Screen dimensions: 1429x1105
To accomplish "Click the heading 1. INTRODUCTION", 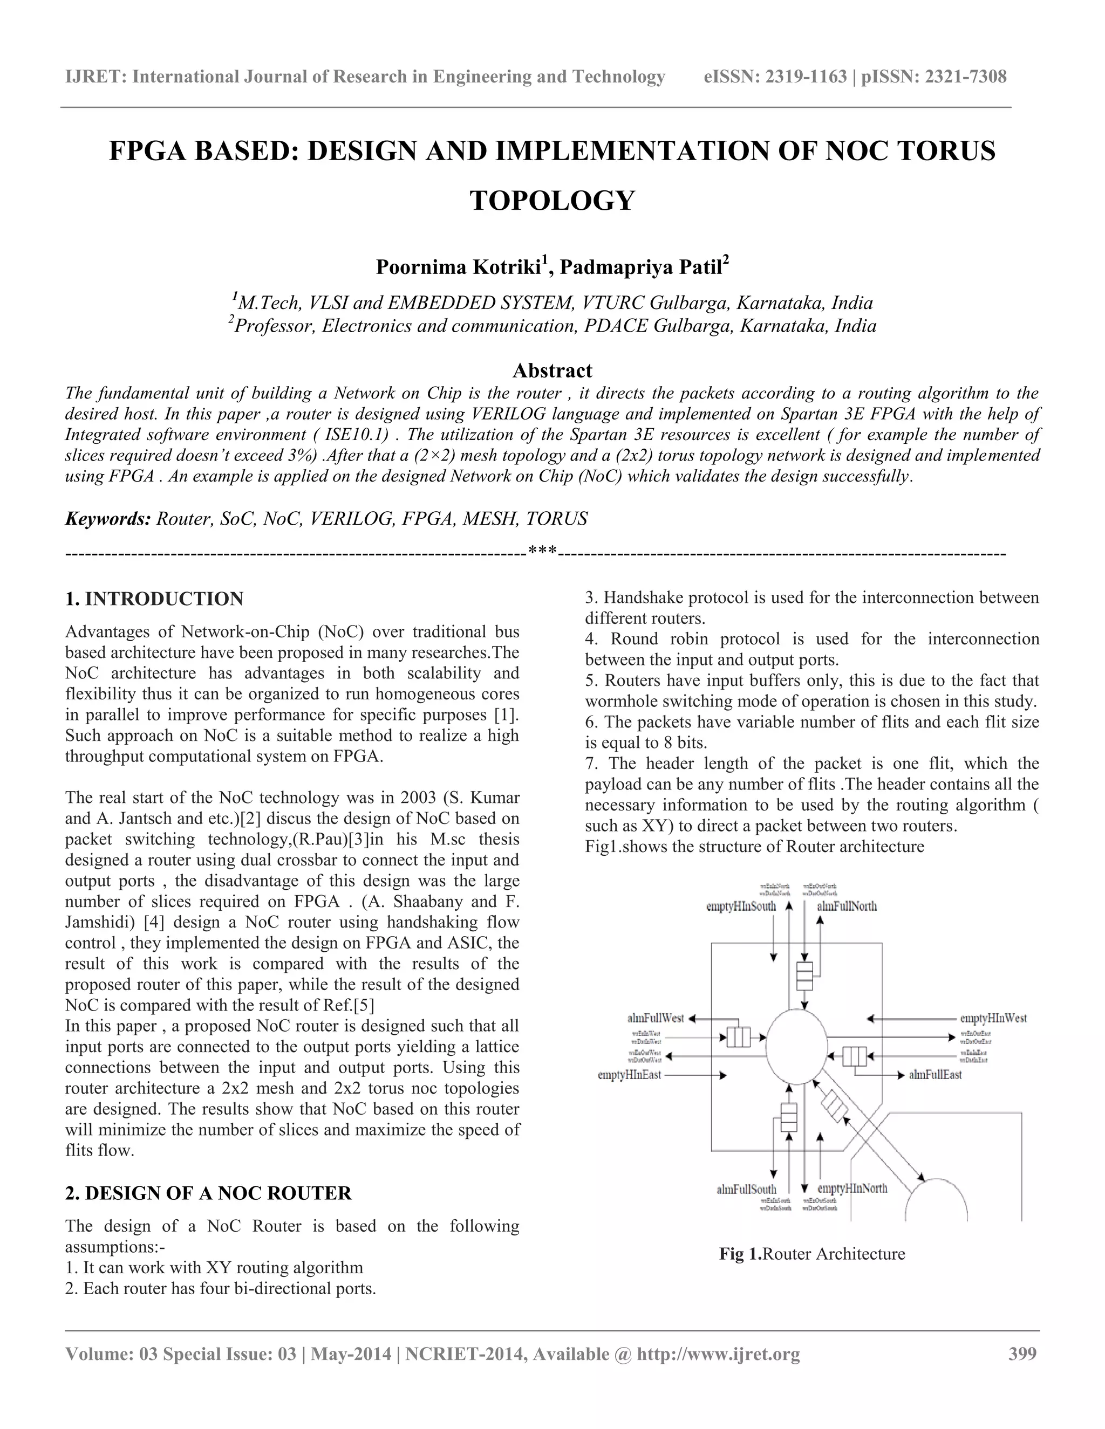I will [x=154, y=599].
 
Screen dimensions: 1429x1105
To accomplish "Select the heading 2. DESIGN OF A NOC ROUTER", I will [x=208, y=1193].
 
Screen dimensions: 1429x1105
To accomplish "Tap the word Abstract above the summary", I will [x=552, y=370].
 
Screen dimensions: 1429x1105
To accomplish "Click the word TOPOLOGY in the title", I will [x=552, y=200].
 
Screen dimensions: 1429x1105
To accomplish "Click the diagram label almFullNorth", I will [x=847, y=906].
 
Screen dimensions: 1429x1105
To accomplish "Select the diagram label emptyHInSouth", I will [x=740, y=906].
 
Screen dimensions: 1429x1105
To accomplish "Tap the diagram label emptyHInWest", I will [x=992, y=1018].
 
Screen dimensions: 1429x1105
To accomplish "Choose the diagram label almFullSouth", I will [x=746, y=1190].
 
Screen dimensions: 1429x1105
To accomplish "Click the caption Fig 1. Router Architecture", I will [x=811, y=1254].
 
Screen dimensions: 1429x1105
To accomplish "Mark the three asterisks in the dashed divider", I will [x=542, y=551].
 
